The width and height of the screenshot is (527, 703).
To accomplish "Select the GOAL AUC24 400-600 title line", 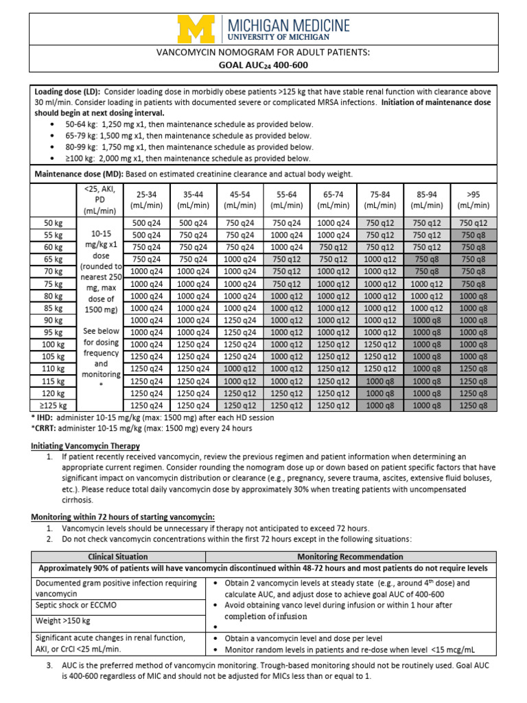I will point(263,65).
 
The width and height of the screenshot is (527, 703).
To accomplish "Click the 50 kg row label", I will point(53,222).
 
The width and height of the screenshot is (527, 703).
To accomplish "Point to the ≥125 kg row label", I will point(53,406).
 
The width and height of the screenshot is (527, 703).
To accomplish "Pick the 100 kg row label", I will point(53,345).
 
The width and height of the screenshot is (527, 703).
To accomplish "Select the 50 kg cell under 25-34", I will point(145,222).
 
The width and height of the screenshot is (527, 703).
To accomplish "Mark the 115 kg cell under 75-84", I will point(379,381).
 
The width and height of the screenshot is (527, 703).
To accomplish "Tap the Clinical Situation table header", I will point(119,557).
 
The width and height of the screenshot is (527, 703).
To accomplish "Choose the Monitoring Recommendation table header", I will point(350,557).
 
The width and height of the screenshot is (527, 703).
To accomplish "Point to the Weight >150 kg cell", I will point(65,621).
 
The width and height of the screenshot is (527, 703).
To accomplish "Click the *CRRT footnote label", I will point(44,428).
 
